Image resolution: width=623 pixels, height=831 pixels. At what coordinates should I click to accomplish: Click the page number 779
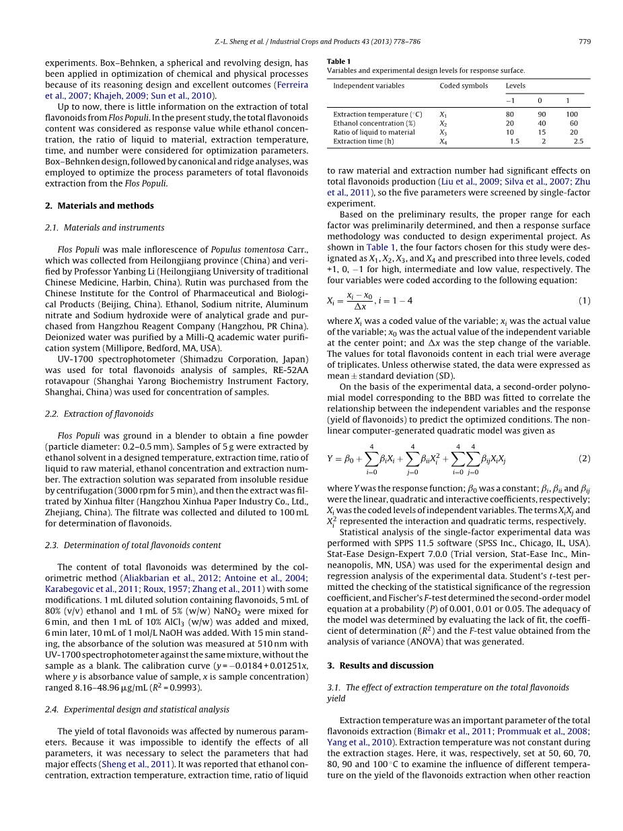pyautogui.click(x=584, y=42)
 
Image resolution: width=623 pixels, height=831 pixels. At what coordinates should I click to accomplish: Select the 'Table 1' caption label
pyautogui.click(x=338, y=61)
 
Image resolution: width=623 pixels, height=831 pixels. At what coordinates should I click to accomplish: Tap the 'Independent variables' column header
pyautogui.click(x=369, y=86)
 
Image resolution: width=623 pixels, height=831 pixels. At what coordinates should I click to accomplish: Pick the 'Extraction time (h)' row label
pyautogui.click(x=363, y=141)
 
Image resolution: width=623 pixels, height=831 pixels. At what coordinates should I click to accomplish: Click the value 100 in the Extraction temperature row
pyautogui.click(x=571, y=114)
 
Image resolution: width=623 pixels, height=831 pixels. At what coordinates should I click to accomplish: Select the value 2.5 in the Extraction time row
pyautogui.click(x=577, y=141)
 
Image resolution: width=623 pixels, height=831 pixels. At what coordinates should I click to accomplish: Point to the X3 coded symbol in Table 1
pyautogui.click(x=443, y=133)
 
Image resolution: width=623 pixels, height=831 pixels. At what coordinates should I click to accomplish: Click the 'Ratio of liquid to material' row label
pyautogui.click(x=374, y=133)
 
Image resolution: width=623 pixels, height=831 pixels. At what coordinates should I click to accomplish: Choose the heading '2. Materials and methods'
pyautogui.click(x=99, y=205)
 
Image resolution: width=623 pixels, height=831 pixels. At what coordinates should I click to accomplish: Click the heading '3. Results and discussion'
pyautogui.click(x=380, y=665)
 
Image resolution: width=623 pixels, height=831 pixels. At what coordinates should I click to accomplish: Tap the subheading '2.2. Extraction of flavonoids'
pyautogui.click(x=100, y=413)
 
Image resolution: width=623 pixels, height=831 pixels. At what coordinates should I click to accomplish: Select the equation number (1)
pyautogui.click(x=584, y=300)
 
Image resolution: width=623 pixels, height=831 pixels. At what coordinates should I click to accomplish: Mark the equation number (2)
pyautogui.click(x=584, y=459)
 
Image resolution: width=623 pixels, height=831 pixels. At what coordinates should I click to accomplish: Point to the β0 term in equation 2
pyautogui.click(x=349, y=459)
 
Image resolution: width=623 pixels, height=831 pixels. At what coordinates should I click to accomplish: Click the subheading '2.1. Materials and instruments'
pyautogui.click(x=104, y=228)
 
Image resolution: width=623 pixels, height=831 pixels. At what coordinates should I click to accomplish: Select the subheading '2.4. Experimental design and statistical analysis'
pyautogui.click(x=137, y=709)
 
